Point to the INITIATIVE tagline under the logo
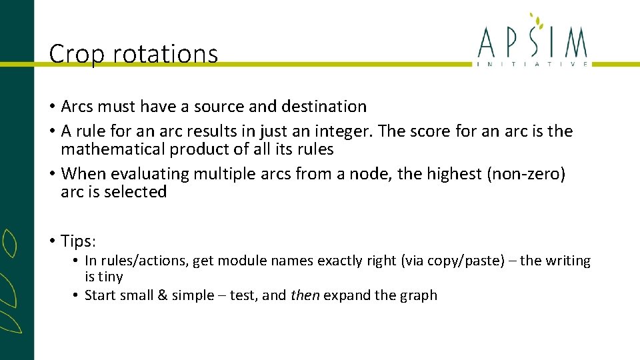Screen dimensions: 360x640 (x=533, y=64)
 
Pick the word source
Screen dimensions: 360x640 (x=219, y=107)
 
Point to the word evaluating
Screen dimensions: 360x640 (x=150, y=174)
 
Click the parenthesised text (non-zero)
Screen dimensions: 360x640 (x=527, y=174)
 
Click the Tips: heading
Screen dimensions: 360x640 (x=79, y=241)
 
